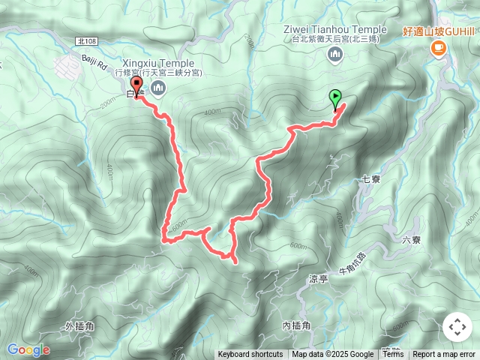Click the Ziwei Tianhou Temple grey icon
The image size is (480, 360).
pos(334,53)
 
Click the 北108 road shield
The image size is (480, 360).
pos(86,43)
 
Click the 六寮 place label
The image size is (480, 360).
pos(412,240)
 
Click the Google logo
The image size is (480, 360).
pos(28,350)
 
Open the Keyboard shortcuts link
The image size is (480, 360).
pos(250,355)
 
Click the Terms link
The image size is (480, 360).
pos(393,355)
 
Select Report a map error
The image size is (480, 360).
pos(445,355)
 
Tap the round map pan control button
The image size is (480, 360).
pos(457,328)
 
